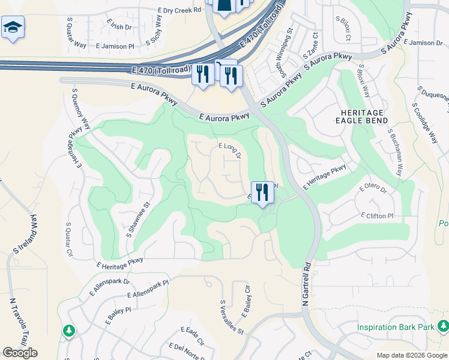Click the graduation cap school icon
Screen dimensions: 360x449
pyautogui.click(x=13, y=28)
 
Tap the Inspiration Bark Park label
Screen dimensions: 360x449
pyautogui.click(x=396, y=328)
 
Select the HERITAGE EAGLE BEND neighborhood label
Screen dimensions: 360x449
pyautogui.click(x=361, y=116)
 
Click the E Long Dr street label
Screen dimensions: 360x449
pyautogui.click(x=229, y=150)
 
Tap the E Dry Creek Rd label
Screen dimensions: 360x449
pyautogui.click(x=179, y=10)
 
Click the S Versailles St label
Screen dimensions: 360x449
pyautogui.click(x=231, y=317)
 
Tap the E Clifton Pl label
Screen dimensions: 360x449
pyautogui.click(x=377, y=215)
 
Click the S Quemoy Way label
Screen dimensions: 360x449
pyautogui.click(x=80, y=109)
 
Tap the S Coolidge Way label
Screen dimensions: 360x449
pyautogui.click(x=424, y=122)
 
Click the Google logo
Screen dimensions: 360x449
pyautogui.click(x=20, y=353)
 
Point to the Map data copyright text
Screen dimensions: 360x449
pyautogui.click(x=411, y=355)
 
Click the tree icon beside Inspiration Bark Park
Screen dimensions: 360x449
pyautogui.click(x=443, y=326)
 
